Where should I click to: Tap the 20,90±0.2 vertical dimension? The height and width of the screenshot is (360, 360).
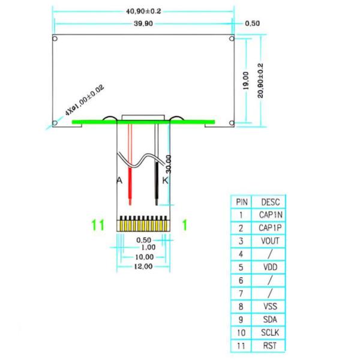pyautogui.click(x=260, y=80)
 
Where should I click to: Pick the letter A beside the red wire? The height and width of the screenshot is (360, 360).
pyautogui.click(x=119, y=181)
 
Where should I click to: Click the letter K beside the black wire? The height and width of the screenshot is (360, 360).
pyautogui.click(x=166, y=181)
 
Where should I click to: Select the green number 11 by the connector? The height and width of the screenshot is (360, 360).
pyautogui.click(x=98, y=225)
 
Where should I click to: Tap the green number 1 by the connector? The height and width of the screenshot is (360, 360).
pyautogui.click(x=185, y=225)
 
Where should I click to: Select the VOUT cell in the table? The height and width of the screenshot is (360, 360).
pyautogui.click(x=270, y=241)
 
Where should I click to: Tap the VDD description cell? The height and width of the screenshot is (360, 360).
pyautogui.click(x=270, y=268)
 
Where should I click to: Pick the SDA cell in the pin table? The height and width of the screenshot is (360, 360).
pyautogui.click(x=270, y=319)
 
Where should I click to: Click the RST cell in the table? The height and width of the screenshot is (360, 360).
pyautogui.click(x=270, y=346)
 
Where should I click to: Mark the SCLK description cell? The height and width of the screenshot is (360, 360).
pyautogui.click(x=270, y=332)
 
